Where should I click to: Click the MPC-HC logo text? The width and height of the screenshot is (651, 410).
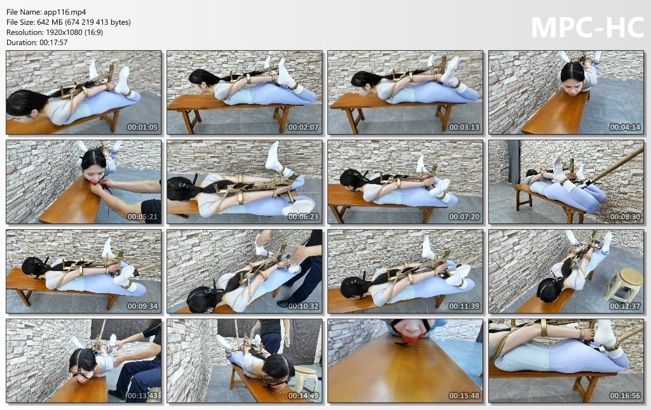pos(587,27)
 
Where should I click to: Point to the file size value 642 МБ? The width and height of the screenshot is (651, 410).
pos(48,22)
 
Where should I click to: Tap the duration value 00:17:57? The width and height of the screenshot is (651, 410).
pos(53,43)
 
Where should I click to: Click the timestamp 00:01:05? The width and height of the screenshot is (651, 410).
pos(142,128)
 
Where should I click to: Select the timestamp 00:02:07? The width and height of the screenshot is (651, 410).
pos(303,128)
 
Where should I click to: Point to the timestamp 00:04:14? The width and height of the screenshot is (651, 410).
pos(625,128)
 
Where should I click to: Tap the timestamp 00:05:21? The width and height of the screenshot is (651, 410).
pos(142,217)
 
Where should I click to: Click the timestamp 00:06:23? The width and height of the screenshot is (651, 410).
pos(303,217)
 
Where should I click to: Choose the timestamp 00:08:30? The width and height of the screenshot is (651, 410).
pos(625,217)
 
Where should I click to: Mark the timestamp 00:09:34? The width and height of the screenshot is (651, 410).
pos(142,307)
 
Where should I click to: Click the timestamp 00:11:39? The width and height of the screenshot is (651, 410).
pos(464,307)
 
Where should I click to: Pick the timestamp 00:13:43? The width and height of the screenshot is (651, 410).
pos(142,396)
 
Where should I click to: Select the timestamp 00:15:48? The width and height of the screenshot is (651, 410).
pos(464,396)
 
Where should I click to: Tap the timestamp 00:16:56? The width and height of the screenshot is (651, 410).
pos(625,396)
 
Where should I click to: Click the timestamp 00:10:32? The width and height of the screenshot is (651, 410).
pos(303,307)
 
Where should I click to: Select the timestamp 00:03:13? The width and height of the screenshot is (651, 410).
pos(464,128)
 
